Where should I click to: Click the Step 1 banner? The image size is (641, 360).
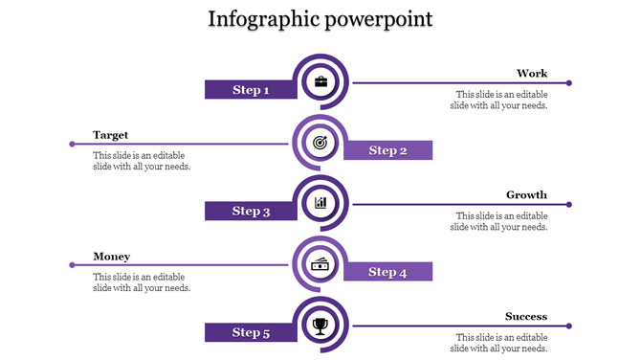250,90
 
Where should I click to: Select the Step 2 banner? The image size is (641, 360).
387,150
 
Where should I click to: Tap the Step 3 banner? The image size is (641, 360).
250,211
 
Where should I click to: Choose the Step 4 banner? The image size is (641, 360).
387,272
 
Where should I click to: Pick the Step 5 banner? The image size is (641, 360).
250,332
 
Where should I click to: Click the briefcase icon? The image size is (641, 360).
320,82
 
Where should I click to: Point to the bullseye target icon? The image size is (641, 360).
320,143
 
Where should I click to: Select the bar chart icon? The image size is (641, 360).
320,203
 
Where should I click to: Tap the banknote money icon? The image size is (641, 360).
320,264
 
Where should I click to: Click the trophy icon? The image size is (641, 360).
320,326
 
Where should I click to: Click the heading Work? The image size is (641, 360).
532,74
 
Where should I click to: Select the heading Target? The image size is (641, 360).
110,135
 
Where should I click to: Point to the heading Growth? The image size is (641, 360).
526,195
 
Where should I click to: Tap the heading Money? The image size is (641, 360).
111,257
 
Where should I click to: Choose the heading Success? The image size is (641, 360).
526,317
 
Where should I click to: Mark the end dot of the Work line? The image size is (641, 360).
569,83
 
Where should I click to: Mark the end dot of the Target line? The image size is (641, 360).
72,144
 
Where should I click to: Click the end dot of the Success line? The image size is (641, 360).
569,326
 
